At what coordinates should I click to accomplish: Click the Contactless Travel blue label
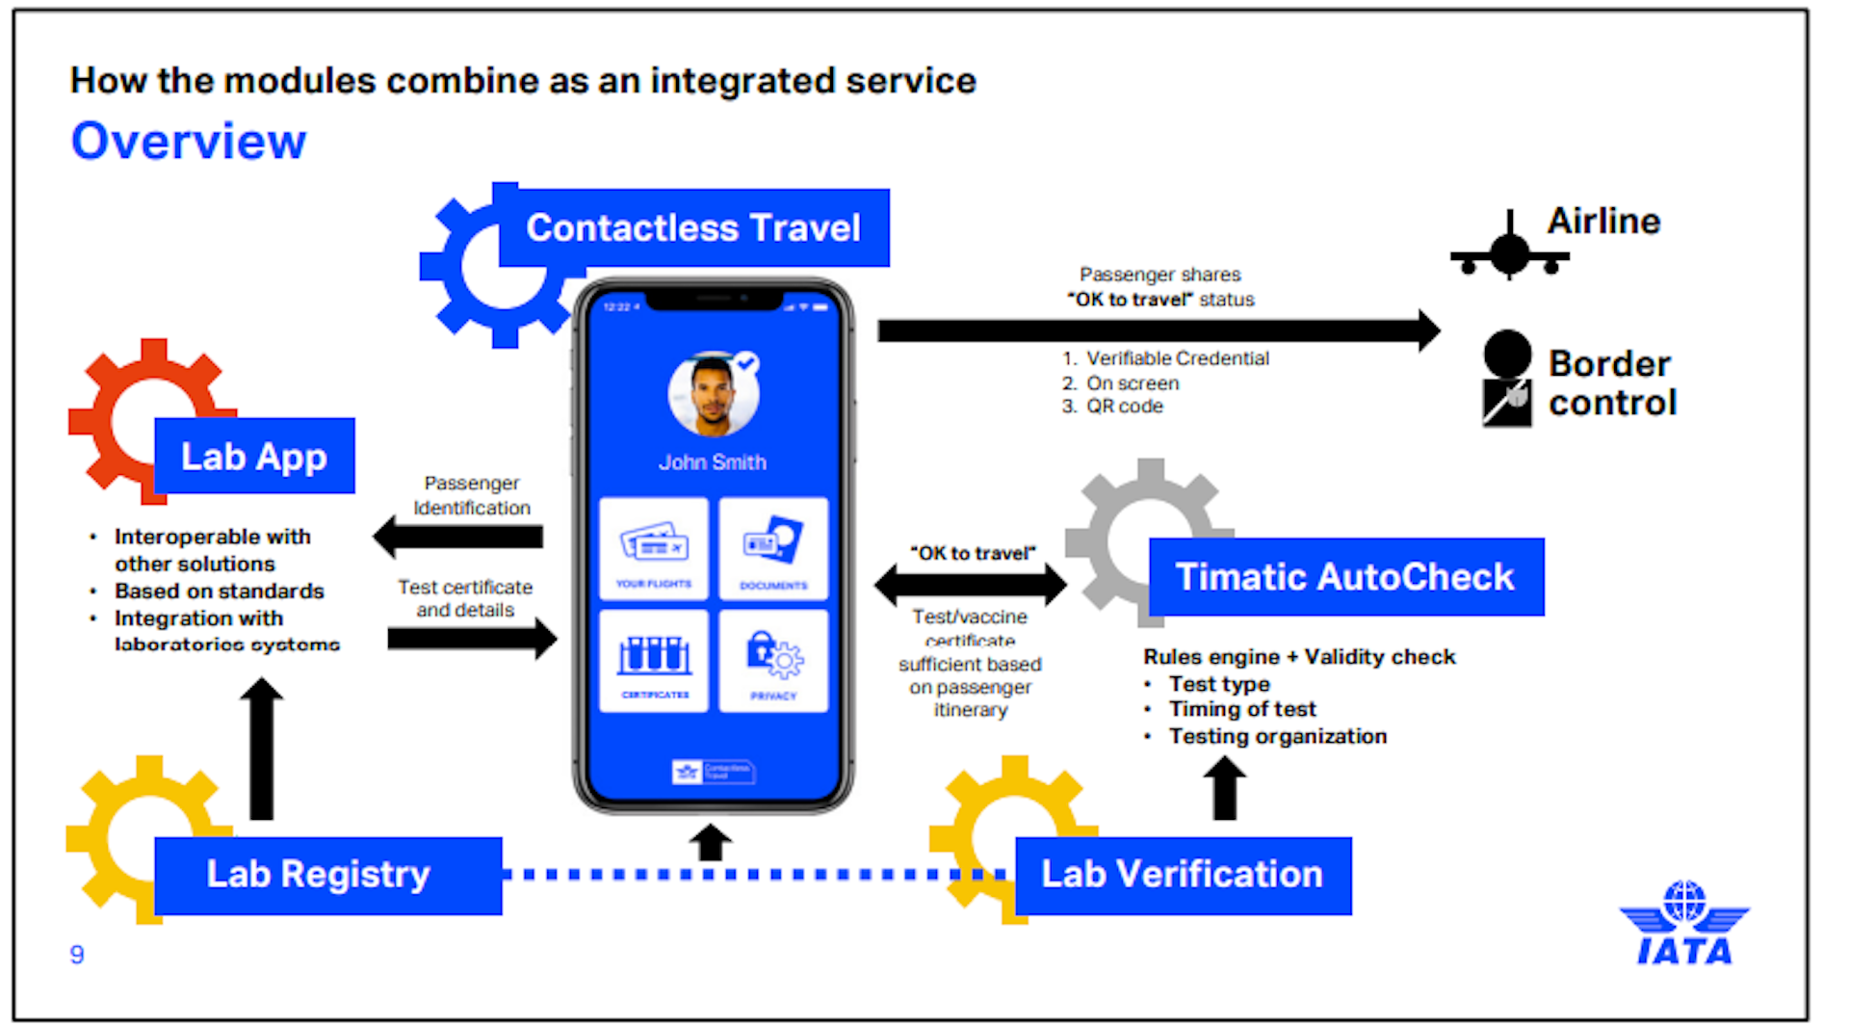point(693,228)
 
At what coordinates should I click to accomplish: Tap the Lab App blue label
point(254,457)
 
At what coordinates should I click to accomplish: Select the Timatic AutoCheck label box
point(1345,577)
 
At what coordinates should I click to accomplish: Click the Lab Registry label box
point(327,875)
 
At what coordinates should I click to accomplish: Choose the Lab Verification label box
point(1183,875)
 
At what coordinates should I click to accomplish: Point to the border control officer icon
point(1507,379)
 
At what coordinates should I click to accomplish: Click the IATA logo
point(1684,924)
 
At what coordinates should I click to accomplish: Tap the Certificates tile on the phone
point(654,661)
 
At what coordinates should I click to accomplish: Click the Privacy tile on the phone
point(773,661)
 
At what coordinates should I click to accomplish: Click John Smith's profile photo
point(713,396)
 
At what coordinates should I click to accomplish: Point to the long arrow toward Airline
point(1156,330)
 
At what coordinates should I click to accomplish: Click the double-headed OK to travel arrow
point(970,584)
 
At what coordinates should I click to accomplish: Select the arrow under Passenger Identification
point(459,537)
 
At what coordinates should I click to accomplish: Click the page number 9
point(77,954)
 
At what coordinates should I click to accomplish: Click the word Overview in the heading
point(189,142)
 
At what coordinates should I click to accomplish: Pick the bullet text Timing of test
point(1241,709)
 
